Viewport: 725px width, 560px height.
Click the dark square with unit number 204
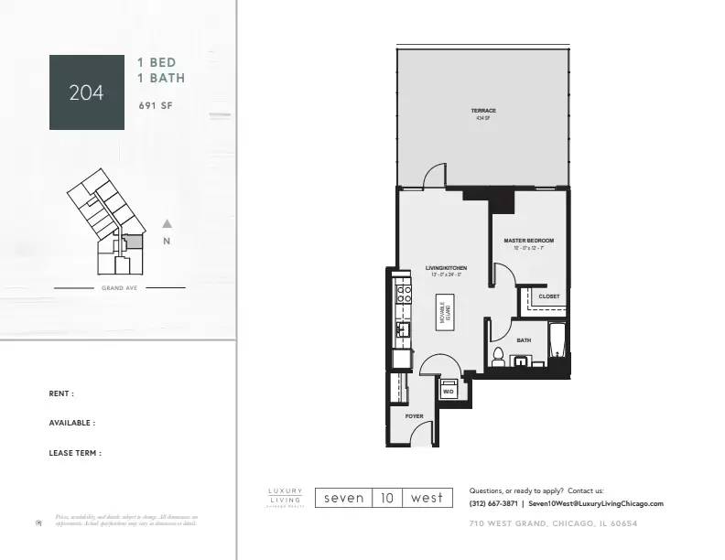87,92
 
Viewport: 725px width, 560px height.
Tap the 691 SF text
155,105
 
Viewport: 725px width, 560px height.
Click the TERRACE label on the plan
483,112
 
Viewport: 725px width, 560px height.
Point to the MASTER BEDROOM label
528,242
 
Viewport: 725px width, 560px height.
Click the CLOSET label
548,296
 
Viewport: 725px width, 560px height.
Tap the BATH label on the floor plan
524,340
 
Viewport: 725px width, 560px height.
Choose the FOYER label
414,416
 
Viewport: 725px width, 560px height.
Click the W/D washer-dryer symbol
449,391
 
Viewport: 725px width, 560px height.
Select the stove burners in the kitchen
403,296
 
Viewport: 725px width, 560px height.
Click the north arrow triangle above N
167,223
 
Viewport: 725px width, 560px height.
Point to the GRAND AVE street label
120,288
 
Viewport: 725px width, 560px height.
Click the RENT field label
61,393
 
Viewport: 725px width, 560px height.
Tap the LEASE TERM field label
75,452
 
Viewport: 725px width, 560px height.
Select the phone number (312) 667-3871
494,503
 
